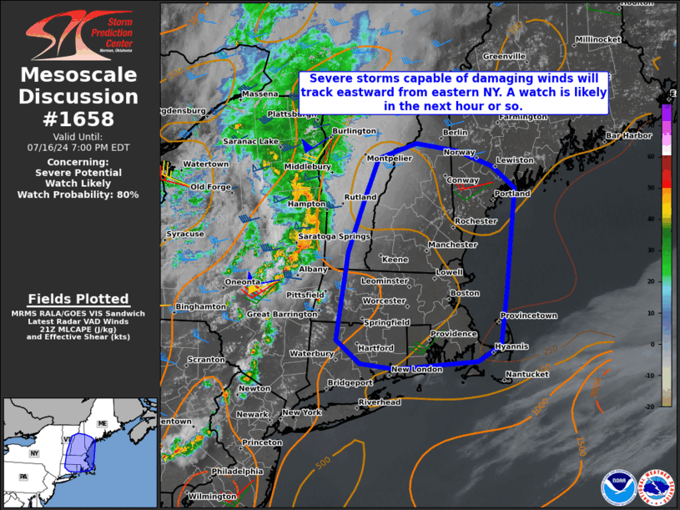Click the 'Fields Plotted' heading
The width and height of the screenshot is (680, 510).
(x=78, y=299)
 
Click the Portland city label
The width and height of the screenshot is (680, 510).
(x=511, y=194)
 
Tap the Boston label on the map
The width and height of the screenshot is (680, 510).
(x=465, y=293)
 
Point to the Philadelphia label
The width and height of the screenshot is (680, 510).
(x=237, y=472)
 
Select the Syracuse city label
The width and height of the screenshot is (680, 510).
(x=184, y=235)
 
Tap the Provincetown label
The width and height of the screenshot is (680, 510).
(x=528, y=316)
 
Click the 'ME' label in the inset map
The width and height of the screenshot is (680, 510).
(x=103, y=424)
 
